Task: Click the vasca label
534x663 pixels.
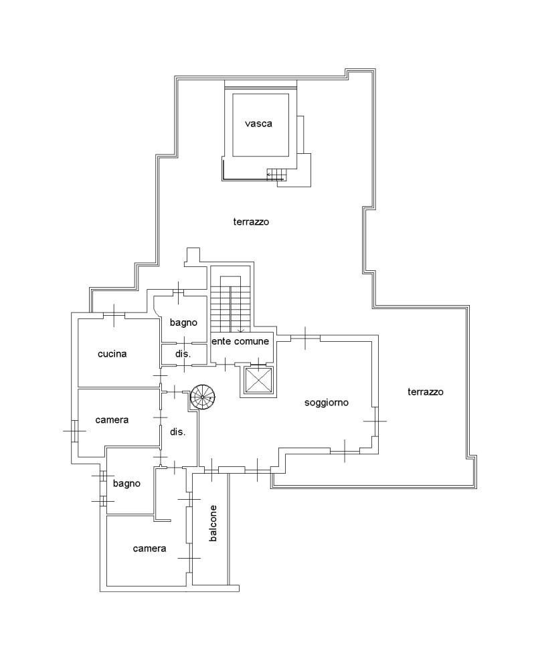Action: click(258, 124)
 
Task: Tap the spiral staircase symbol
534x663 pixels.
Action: click(202, 397)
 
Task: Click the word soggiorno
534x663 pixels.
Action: click(327, 403)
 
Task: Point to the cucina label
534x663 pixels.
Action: click(112, 353)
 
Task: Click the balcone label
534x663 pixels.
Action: click(213, 523)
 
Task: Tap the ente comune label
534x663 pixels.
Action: click(240, 341)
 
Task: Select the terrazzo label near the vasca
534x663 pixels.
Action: click(251, 221)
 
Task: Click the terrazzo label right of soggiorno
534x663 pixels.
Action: click(426, 392)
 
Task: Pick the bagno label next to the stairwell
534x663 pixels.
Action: click(183, 322)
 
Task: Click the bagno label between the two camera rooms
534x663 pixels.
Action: click(126, 484)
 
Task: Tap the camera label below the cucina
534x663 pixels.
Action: click(112, 420)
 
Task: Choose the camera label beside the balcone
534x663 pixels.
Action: click(149, 549)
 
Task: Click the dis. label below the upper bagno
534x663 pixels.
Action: click(183, 354)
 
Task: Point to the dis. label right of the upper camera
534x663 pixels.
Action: click(177, 432)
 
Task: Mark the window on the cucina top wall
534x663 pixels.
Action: click(114, 315)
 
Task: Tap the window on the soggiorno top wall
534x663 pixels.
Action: click(305, 337)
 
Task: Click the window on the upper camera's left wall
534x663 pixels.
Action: click(74, 431)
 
